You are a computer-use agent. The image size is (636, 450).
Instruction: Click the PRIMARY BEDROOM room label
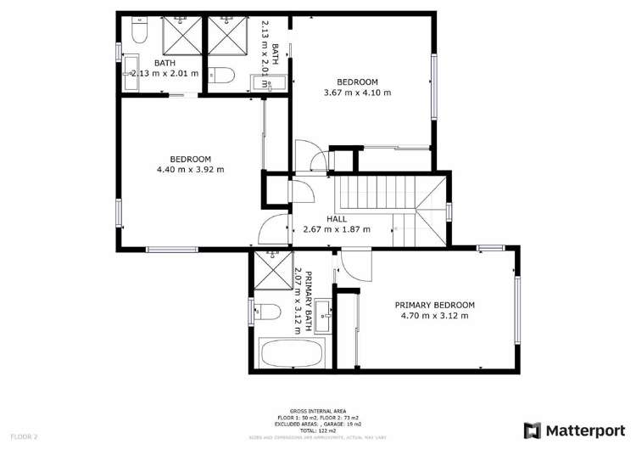pyautogui.click(x=435, y=305)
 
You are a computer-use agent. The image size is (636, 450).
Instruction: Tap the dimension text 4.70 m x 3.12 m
pyautogui.click(x=435, y=316)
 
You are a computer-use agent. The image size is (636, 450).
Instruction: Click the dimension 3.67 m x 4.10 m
pyautogui.click(x=358, y=93)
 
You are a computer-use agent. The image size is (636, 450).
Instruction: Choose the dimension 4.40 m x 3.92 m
pyautogui.click(x=190, y=170)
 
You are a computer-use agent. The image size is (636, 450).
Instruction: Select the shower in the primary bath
pyautogui.click(x=273, y=271)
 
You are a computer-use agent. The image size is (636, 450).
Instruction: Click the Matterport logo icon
pyautogui.click(x=533, y=430)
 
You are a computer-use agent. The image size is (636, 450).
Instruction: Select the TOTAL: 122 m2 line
pyautogui.click(x=317, y=431)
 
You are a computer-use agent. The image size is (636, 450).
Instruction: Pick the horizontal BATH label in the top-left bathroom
pyautogui.click(x=165, y=63)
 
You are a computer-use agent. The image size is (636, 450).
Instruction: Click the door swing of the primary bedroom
pyautogui.click(x=356, y=266)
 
